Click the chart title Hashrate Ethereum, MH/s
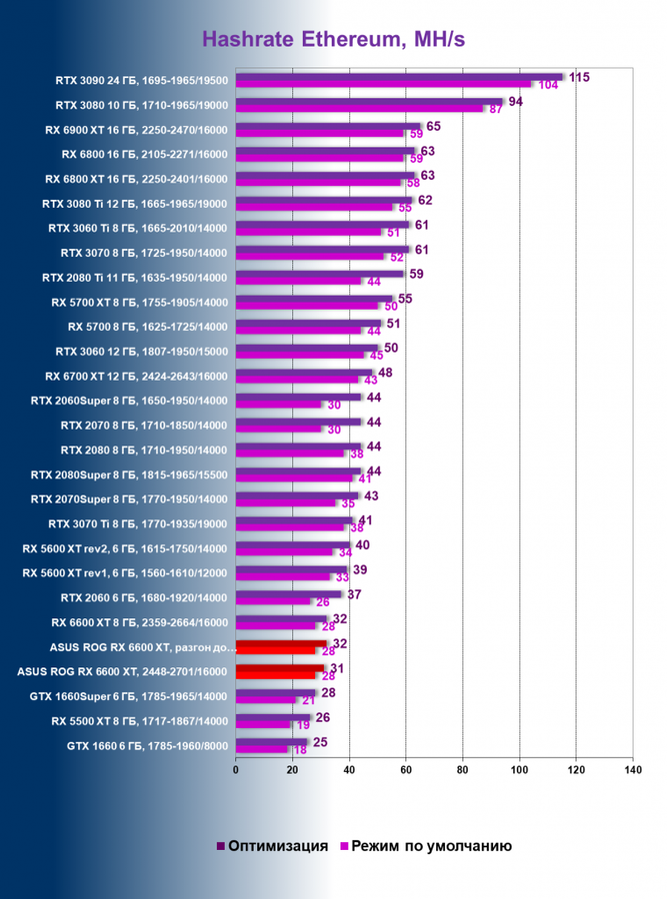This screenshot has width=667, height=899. (x=333, y=40)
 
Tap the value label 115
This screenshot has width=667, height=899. (x=579, y=77)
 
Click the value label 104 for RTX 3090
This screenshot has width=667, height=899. (x=548, y=86)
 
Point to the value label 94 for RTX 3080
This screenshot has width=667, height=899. (x=516, y=102)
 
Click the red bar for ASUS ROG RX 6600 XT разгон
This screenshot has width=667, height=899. (x=281, y=644)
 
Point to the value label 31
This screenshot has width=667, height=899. (x=338, y=668)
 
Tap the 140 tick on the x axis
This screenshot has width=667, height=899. (x=631, y=769)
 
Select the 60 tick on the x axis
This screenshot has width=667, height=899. (x=405, y=769)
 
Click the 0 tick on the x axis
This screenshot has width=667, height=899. (x=236, y=769)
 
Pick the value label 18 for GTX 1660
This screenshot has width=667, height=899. (x=299, y=750)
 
